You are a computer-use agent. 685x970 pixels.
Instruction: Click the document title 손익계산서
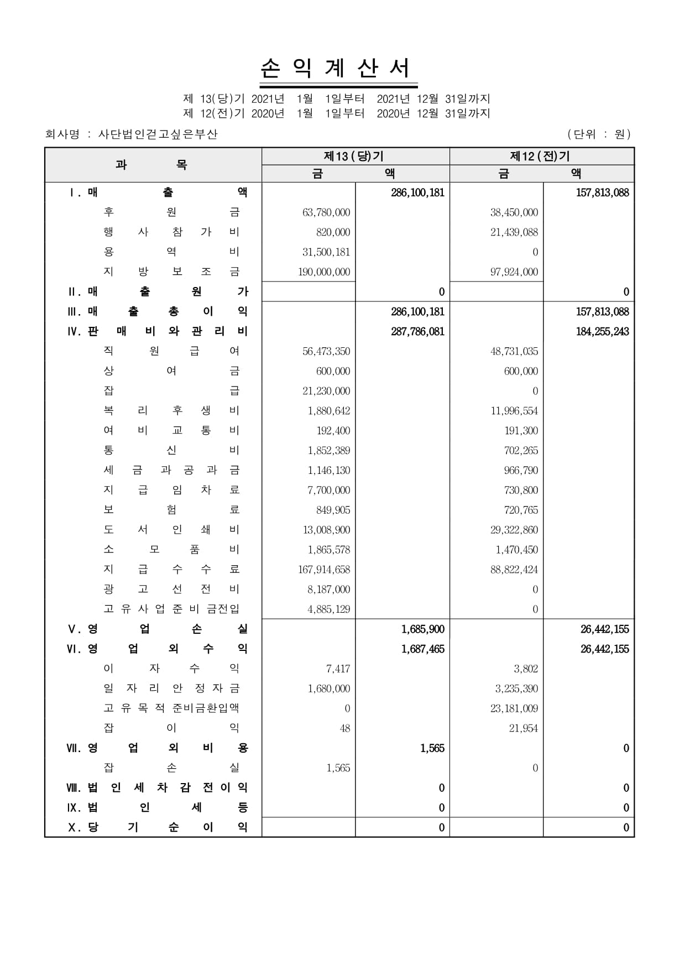coord(336,69)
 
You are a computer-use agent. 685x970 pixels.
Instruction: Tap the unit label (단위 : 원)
coord(599,134)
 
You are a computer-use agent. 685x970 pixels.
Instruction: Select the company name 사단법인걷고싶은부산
coord(158,134)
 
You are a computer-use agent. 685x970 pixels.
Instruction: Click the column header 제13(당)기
coord(354,157)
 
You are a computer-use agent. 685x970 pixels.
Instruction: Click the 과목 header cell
coord(151,165)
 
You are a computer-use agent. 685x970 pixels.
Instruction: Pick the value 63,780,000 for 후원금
coord(326,212)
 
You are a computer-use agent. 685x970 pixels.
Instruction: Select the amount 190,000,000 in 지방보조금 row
coord(324,272)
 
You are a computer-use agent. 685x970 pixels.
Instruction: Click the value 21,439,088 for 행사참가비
coord(514,232)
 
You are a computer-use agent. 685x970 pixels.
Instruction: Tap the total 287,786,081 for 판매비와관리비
coord(417,332)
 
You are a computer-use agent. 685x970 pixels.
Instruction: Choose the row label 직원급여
coord(171,351)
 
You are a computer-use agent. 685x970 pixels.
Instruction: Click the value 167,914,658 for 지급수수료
coord(324,570)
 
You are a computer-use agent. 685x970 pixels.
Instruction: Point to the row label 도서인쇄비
coord(171,530)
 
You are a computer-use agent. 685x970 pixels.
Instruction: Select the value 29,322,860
coord(514,530)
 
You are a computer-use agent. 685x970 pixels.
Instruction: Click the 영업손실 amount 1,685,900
coord(423,629)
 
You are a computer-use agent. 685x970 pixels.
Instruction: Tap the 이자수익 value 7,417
coord(338,669)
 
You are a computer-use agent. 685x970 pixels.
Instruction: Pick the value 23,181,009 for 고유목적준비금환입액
coord(514,708)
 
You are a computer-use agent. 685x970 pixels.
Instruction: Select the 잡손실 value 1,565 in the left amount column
coord(338,768)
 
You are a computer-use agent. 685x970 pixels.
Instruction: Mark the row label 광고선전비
coord(171,590)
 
